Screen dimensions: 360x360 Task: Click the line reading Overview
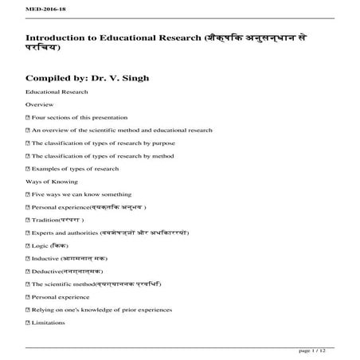tap(39, 104)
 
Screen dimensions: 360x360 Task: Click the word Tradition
tap(45, 219)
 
